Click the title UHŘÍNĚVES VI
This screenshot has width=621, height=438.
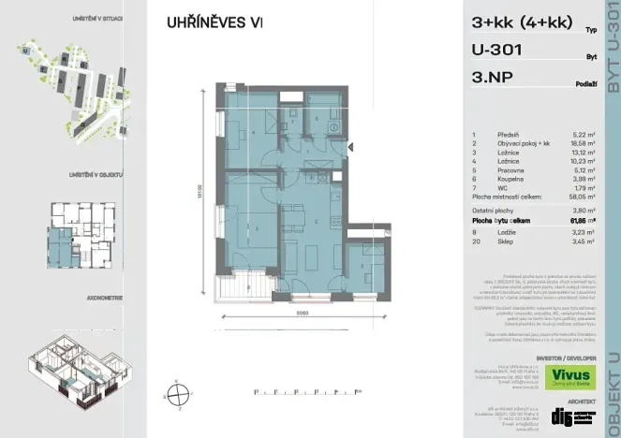click(214, 22)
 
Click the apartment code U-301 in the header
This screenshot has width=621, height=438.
click(496, 52)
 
